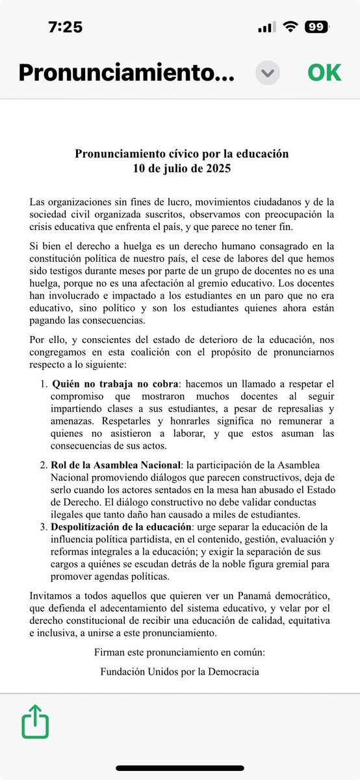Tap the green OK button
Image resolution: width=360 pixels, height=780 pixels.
324,72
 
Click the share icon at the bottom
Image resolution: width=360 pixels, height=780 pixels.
36,721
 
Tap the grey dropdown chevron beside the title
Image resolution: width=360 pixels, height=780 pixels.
267,73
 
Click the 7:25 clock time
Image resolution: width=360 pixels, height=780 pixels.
64,27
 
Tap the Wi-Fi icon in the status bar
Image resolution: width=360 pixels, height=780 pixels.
290,27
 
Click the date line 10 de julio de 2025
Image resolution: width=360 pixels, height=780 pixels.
180,168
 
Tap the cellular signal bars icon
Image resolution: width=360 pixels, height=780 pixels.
266,27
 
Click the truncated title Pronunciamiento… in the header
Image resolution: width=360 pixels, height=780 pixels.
126,72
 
